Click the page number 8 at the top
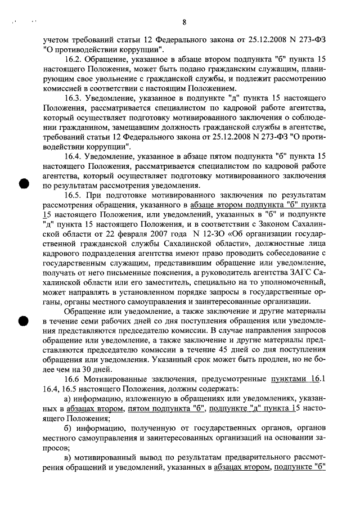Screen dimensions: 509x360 pyautogui.click(x=184, y=23)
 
